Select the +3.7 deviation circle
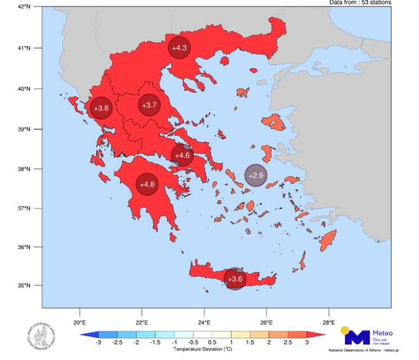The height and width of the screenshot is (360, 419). (x=149, y=105)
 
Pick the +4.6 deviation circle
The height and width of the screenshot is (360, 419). (x=182, y=155)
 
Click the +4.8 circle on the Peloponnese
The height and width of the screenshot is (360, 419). (x=147, y=184)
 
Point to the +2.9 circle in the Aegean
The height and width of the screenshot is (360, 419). (x=255, y=175)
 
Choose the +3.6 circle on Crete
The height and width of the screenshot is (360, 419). (x=235, y=278)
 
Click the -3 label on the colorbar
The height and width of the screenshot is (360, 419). (x=98, y=343)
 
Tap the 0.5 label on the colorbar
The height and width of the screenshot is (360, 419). (x=212, y=343)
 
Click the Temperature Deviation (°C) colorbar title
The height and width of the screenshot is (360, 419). (x=202, y=350)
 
